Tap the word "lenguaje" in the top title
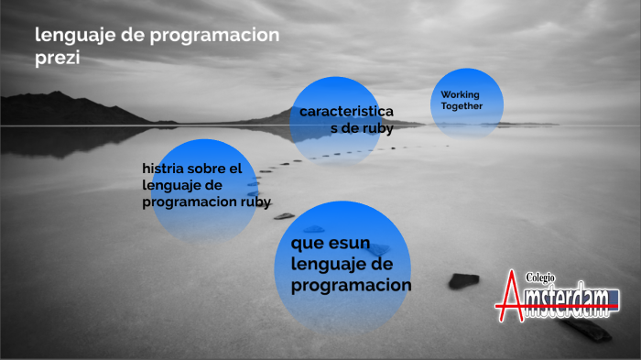(71, 36)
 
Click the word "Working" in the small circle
(460, 95)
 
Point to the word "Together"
(462, 106)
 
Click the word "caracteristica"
(346, 112)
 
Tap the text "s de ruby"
(362, 128)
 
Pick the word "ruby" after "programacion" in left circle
(256, 202)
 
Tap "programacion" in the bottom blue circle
(351, 286)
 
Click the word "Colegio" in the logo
(541, 278)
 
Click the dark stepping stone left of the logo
(463, 280)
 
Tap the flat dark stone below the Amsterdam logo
(585, 330)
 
